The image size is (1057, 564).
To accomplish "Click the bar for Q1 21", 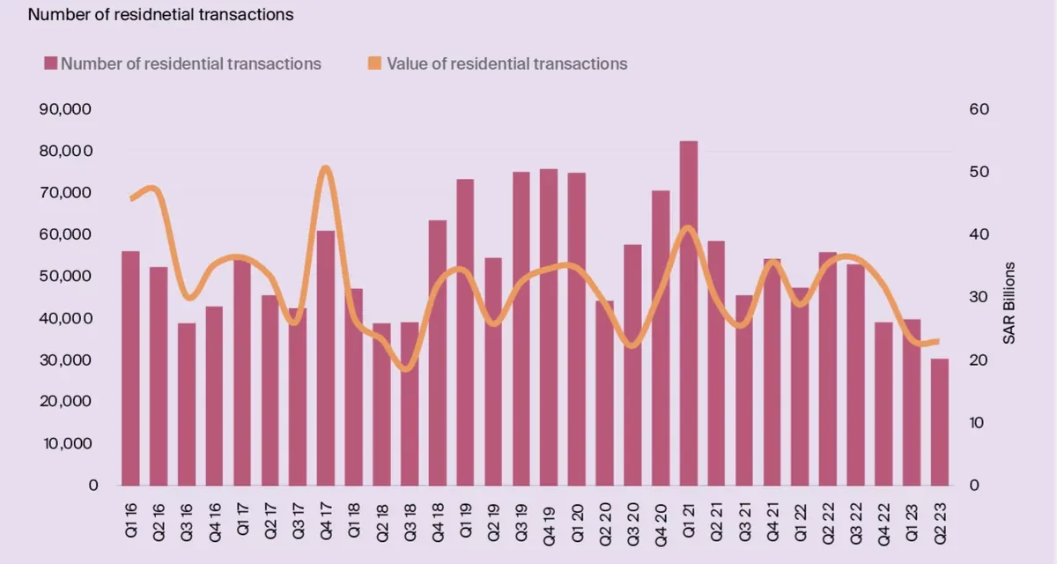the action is tap(689, 314).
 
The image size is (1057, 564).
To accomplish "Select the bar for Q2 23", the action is tap(940, 422).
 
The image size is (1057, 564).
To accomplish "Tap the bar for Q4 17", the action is tap(326, 358).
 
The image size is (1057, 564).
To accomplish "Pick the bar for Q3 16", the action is tap(187, 404).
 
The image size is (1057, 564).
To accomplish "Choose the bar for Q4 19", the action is tap(549, 328).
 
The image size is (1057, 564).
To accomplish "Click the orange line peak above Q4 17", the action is tap(326, 167).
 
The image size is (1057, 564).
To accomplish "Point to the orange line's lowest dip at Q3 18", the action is tap(408, 369).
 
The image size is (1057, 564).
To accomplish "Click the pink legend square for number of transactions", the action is tap(50, 63).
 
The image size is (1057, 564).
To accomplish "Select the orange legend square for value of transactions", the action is tap(374, 63).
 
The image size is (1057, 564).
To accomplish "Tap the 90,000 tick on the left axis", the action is tap(65, 109).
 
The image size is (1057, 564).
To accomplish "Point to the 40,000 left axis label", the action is tap(65, 318).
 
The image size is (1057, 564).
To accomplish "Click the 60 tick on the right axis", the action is tap(979, 109).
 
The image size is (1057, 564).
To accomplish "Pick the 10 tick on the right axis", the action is tap(976, 422).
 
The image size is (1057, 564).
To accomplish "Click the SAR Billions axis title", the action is tap(1009, 303).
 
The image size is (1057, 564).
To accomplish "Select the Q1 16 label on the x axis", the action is tap(130, 520).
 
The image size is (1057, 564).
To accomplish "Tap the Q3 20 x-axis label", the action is tap(632, 523).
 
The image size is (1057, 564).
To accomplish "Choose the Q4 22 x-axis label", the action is tap(883, 524).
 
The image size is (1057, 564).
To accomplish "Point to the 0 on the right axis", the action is tap(974, 486).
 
